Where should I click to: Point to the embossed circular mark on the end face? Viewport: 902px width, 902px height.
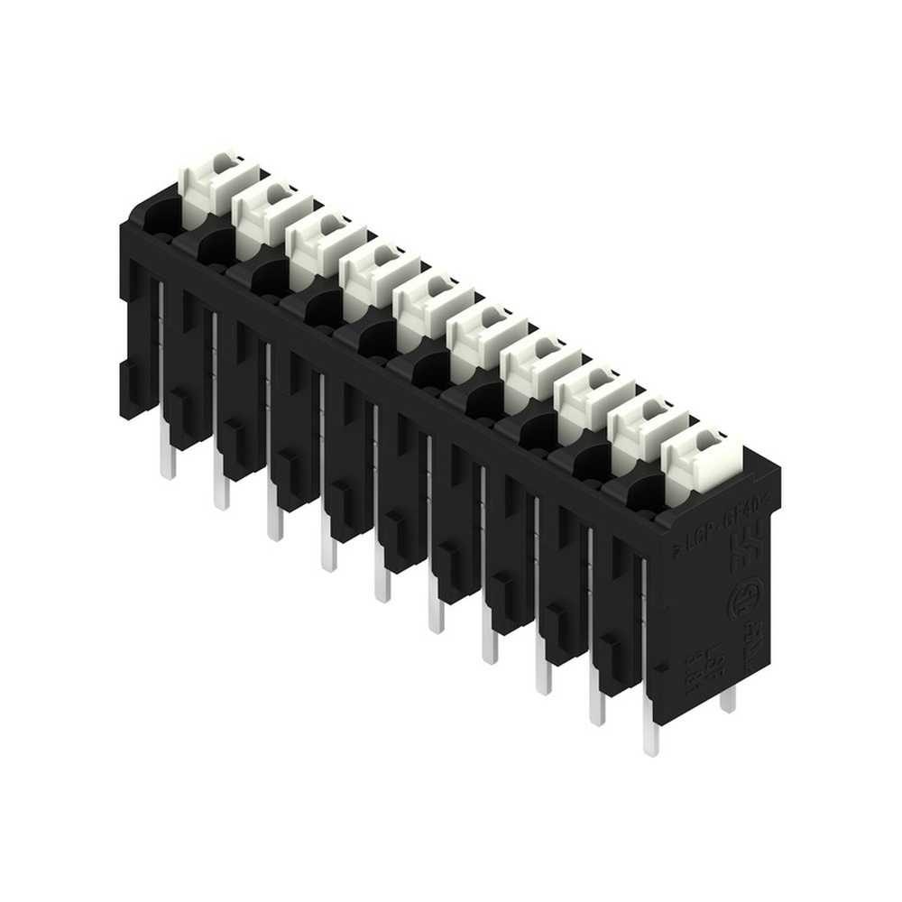pos(745,600)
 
